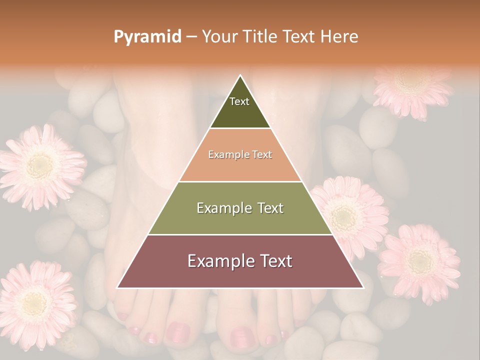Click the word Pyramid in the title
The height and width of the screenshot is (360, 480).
[147, 37]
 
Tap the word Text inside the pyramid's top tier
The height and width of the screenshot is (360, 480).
[239, 101]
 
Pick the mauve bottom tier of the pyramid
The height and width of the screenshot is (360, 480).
[240, 275]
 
